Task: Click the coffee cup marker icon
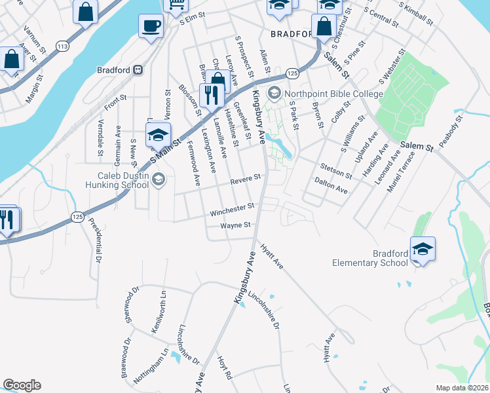pos(151,26)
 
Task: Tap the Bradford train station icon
pos(138,69)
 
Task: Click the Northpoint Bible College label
pos(333,94)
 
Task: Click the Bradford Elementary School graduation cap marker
pos(423,249)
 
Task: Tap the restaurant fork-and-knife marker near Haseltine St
pos(211,96)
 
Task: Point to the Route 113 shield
pos(63,47)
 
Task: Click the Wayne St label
pos(236,226)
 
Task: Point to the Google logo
pos(22,385)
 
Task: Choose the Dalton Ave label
pos(331,184)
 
